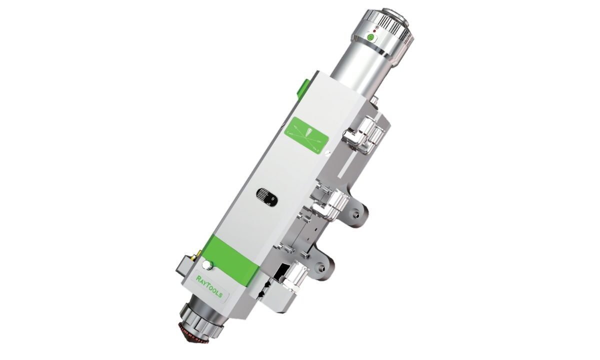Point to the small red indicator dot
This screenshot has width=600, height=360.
[x=374, y=31]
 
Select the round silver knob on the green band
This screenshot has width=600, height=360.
[x=207, y=265]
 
